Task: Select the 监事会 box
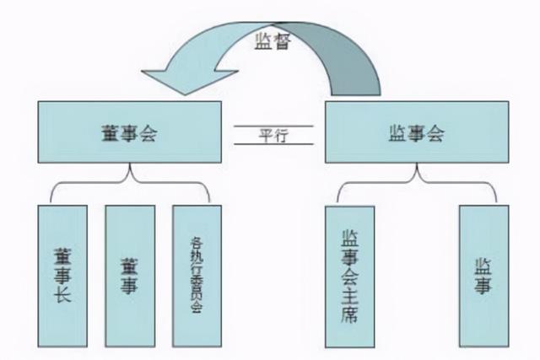click(417, 134)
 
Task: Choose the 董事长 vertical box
click(62, 274)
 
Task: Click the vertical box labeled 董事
click(129, 274)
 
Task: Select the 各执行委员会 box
click(197, 274)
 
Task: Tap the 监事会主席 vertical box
click(348, 274)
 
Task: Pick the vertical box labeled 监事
click(483, 274)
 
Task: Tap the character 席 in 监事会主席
click(349, 318)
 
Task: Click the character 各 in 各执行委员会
click(197, 240)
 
